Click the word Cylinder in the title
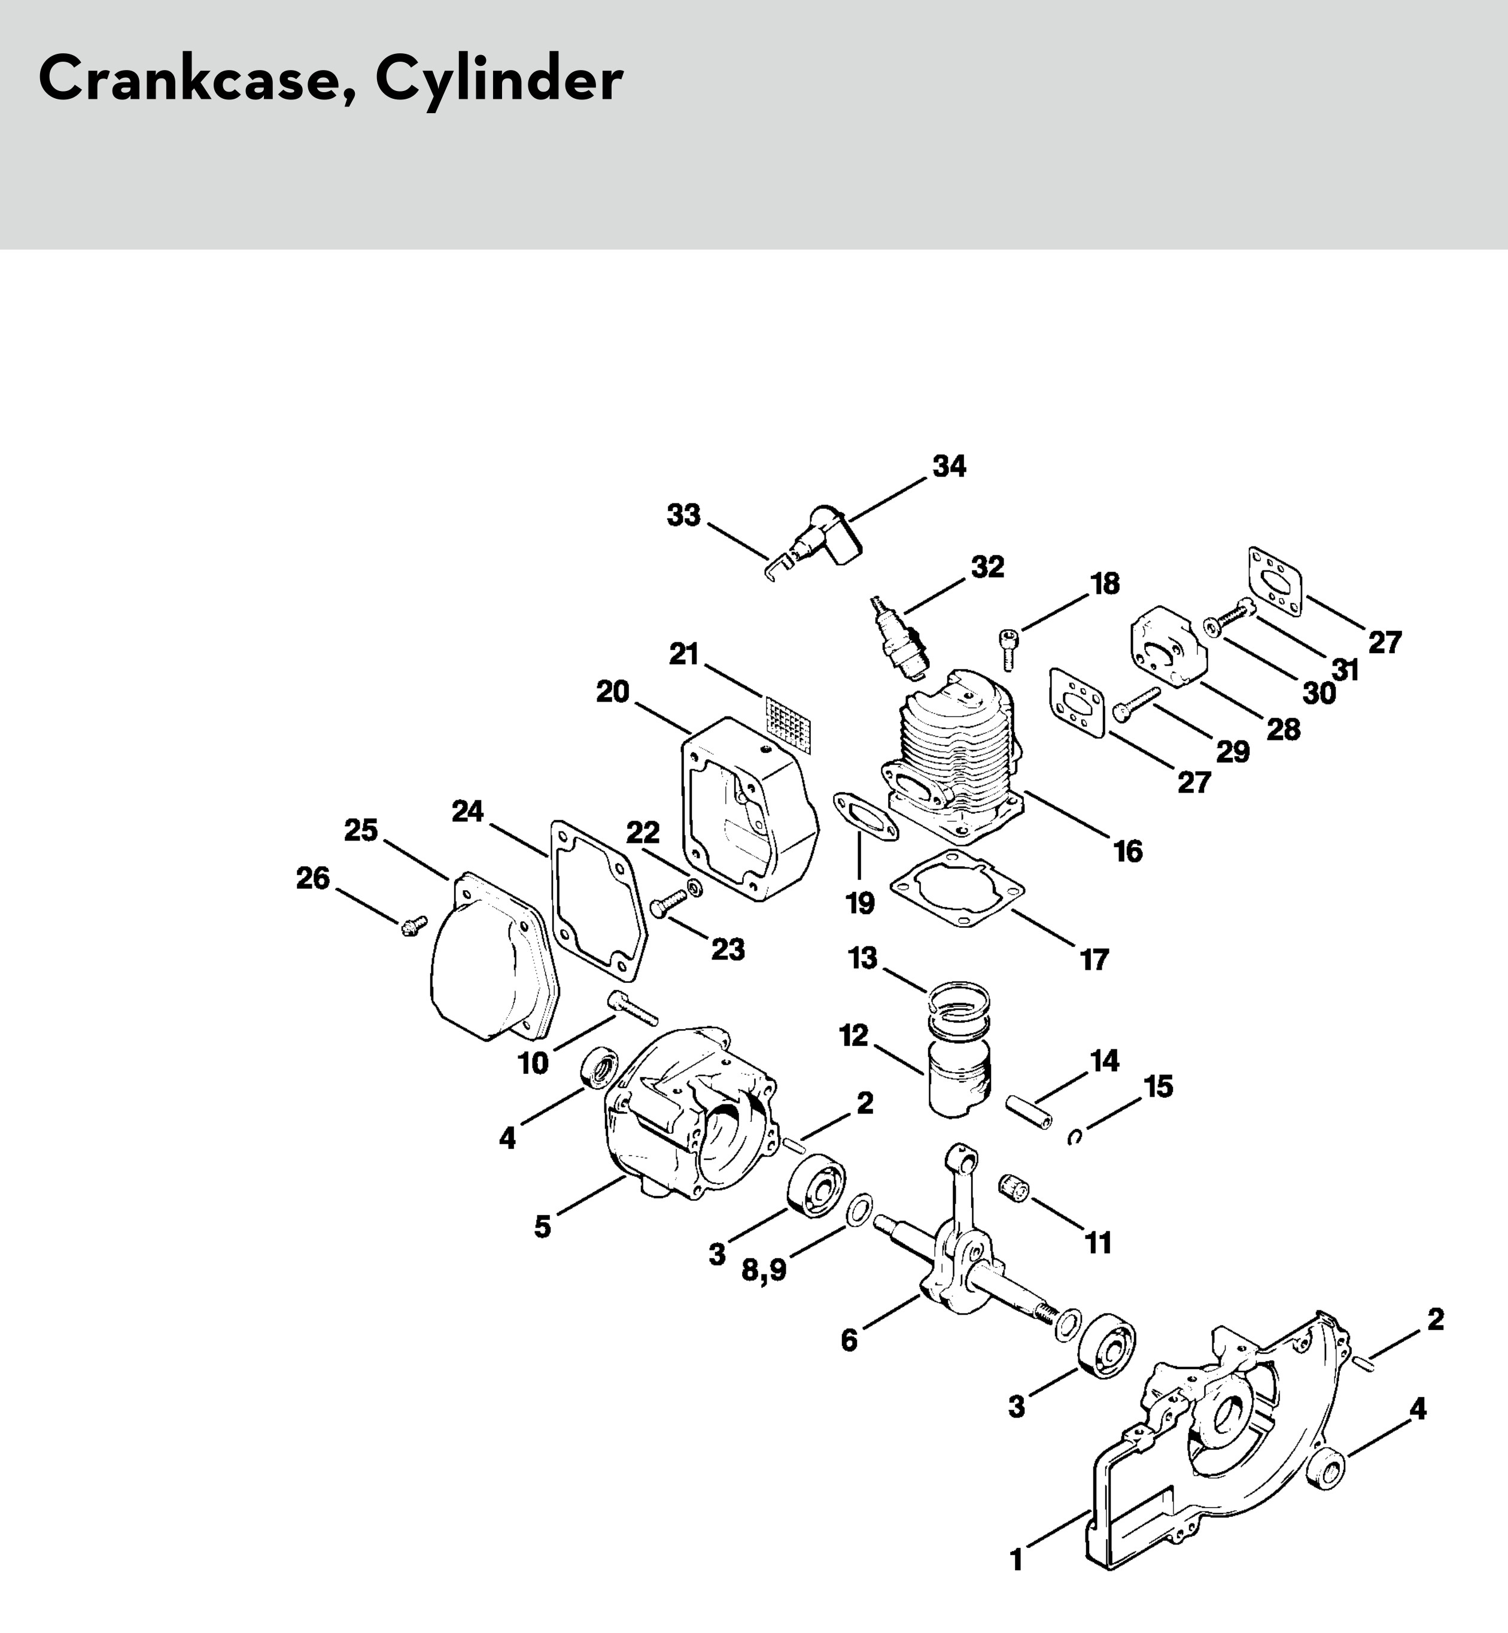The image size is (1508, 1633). [498, 80]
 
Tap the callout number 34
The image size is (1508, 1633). [949, 467]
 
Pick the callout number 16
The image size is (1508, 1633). [1129, 851]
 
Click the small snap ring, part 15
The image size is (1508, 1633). [1075, 1137]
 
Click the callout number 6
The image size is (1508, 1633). [850, 1340]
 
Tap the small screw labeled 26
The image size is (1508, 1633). [413, 925]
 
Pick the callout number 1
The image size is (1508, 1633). [1016, 1561]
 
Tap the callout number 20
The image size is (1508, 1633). [613, 691]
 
